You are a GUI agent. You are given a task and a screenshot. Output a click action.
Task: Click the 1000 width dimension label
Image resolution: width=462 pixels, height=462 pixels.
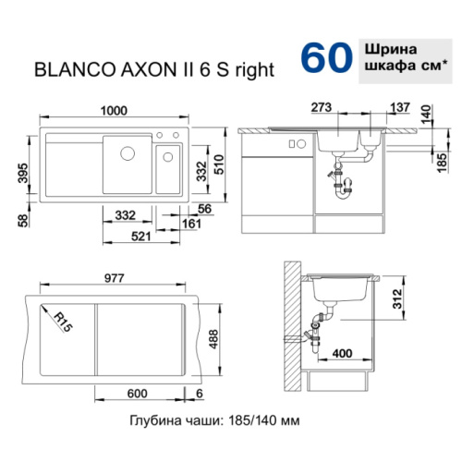point(114,111)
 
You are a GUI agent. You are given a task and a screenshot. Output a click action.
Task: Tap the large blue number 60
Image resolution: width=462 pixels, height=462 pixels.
point(326,58)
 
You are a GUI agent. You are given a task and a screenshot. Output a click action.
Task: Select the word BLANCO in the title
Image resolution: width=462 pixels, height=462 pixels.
point(75,70)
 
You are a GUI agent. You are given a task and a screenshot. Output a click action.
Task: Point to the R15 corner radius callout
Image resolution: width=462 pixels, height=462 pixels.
point(63,322)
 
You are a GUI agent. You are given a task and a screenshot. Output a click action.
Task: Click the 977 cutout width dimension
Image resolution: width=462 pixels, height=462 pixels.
point(115,278)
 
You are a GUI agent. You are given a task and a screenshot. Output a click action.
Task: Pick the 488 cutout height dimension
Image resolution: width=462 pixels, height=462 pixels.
point(213,339)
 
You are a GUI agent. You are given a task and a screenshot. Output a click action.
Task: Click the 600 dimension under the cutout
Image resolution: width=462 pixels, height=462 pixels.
point(137,394)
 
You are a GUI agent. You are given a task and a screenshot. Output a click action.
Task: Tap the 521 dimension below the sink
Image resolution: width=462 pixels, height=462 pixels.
point(141,237)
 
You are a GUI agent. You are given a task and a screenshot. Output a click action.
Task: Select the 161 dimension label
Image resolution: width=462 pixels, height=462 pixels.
point(191,224)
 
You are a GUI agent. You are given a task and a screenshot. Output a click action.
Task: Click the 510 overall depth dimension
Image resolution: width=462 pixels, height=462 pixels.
point(219,164)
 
